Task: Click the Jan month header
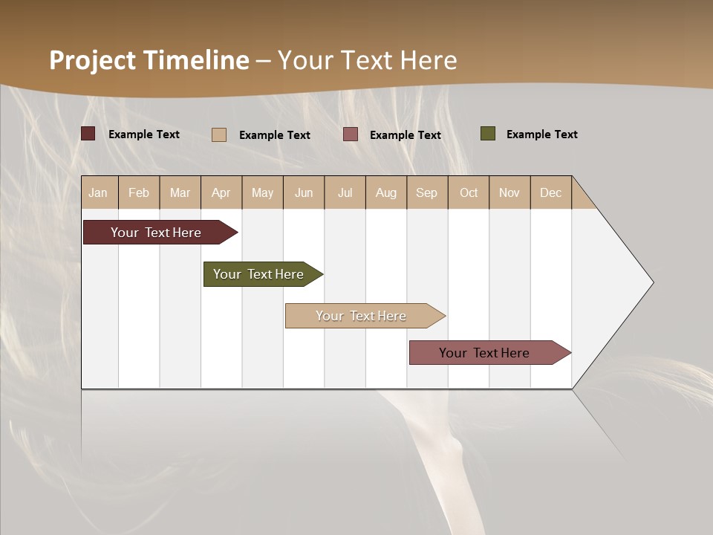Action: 98,192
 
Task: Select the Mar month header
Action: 180,192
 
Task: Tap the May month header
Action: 262,192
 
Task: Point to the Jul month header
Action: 345,192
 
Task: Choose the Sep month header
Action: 426,192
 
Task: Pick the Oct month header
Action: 469,192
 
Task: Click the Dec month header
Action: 550,192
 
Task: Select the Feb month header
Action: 139,192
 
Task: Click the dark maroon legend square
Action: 88,134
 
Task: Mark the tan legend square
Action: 219,134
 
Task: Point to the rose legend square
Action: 351,134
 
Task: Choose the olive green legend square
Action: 488,134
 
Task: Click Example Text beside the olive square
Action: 541,134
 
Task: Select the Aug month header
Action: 385,192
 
